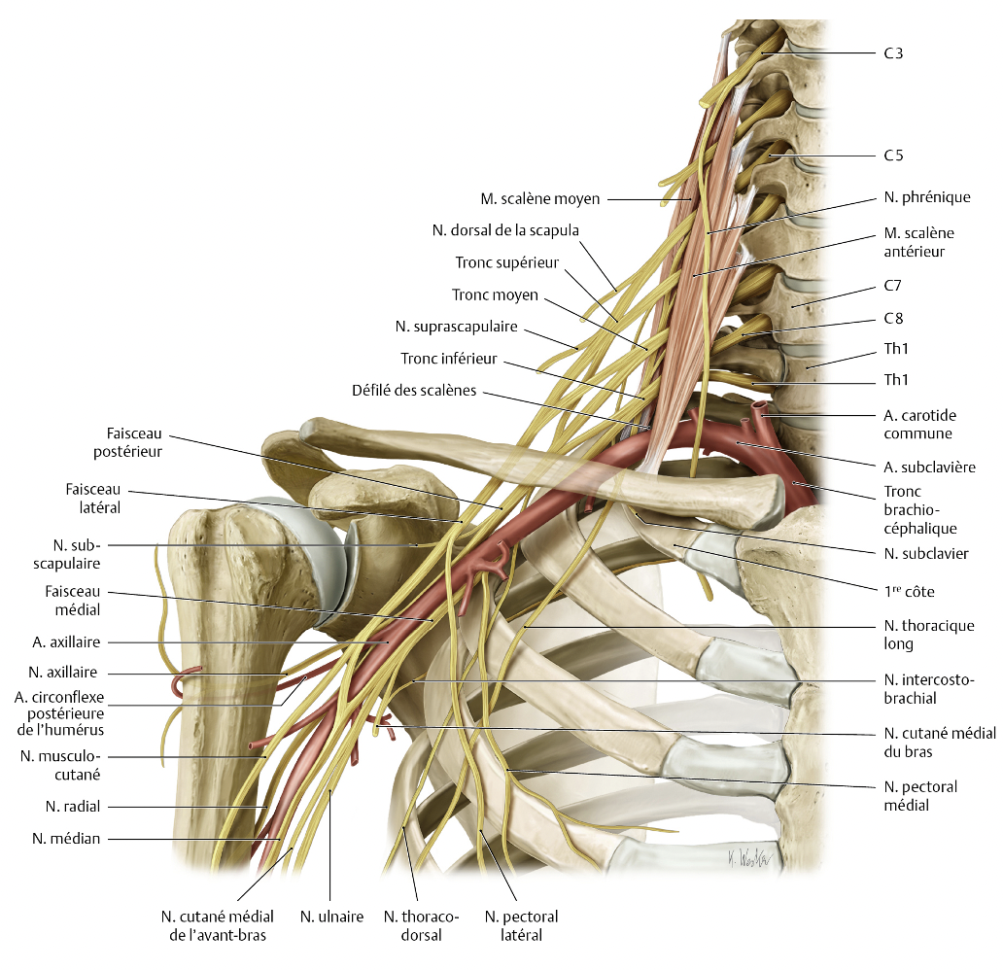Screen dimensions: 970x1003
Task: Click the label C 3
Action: pos(893,52)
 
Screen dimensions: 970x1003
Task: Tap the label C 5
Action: pos(893,156)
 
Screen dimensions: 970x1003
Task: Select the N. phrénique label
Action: pos(927,197)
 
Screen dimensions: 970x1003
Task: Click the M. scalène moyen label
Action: pos(539,200)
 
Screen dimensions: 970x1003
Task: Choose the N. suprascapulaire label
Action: pos(457,327)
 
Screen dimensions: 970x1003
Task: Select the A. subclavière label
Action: pos(929,467)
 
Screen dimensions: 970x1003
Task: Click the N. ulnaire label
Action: pos(331,916)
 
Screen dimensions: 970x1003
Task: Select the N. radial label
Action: pos(73,806)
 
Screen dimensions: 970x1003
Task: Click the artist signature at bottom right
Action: pos(743,858)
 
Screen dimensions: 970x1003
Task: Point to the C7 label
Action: pos(893,287)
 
